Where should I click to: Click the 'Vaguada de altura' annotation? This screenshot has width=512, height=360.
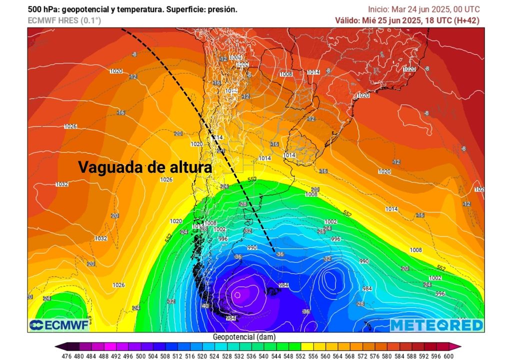coord(145,167)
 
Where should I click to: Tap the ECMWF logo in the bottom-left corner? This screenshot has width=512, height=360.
coord(59,325)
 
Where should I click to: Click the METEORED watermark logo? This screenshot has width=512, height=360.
coord(437,325)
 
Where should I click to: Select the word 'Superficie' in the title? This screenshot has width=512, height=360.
coord(177,9)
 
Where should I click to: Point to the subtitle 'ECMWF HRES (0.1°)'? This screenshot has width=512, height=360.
coord(57,20)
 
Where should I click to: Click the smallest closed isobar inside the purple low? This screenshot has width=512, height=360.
coord(238,294)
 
